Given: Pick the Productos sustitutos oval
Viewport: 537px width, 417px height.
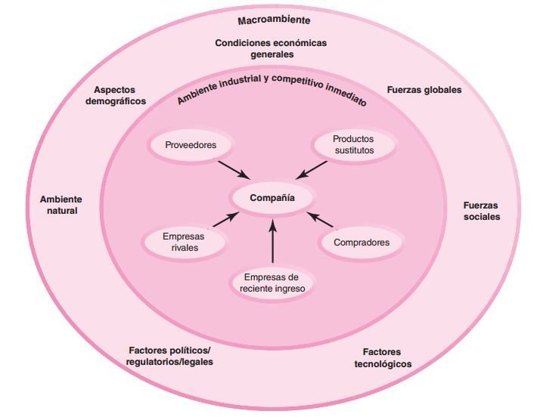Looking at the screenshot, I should pos(352,145).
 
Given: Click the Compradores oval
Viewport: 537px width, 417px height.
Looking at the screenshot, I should pos(362,242).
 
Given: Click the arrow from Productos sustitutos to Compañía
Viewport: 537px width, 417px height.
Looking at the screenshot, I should pos(311,170).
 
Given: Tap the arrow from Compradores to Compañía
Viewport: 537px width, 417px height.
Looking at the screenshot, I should pos(321,220).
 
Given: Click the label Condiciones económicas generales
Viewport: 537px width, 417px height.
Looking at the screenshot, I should pos(271,48).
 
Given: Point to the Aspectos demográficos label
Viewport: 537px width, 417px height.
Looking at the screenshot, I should pos(115,95).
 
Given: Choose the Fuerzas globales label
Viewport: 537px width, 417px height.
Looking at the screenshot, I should pos(424,89).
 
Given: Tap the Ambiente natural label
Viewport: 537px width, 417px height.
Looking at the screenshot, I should pos(61,205).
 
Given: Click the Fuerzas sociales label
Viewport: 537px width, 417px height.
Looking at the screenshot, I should pos(481,210).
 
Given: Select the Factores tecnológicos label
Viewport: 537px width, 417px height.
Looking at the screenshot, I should pos(382,358).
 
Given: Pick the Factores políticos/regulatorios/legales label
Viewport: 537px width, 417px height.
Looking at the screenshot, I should pos(169,356).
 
